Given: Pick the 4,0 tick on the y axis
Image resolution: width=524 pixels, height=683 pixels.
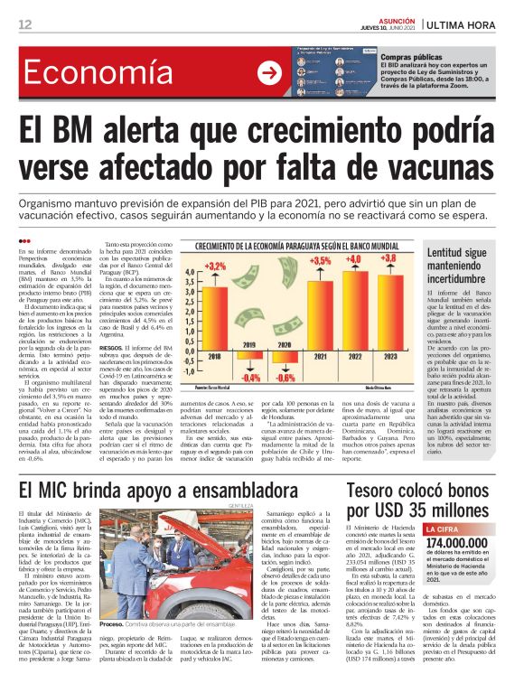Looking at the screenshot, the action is pyautogui.click(x=190, y=271).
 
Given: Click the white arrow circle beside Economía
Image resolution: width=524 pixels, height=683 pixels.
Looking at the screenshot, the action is pyautogui.click(x=268, y=73).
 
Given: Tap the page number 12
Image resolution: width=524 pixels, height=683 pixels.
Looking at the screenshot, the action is pyautogui.click(x=25, y=23).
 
